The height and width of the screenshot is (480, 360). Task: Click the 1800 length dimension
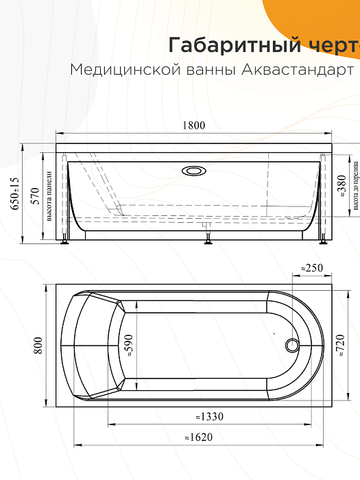point(194,125)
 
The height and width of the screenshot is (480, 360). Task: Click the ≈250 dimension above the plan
point(312,268)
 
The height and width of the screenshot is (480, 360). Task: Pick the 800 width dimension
point(38,346)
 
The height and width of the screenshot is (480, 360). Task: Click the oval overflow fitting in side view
point(194,170)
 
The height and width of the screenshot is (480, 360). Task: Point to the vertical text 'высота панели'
point(49,197)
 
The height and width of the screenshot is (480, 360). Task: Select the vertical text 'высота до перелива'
point(356,187)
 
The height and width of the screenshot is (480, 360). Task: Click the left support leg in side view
point(65,238)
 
